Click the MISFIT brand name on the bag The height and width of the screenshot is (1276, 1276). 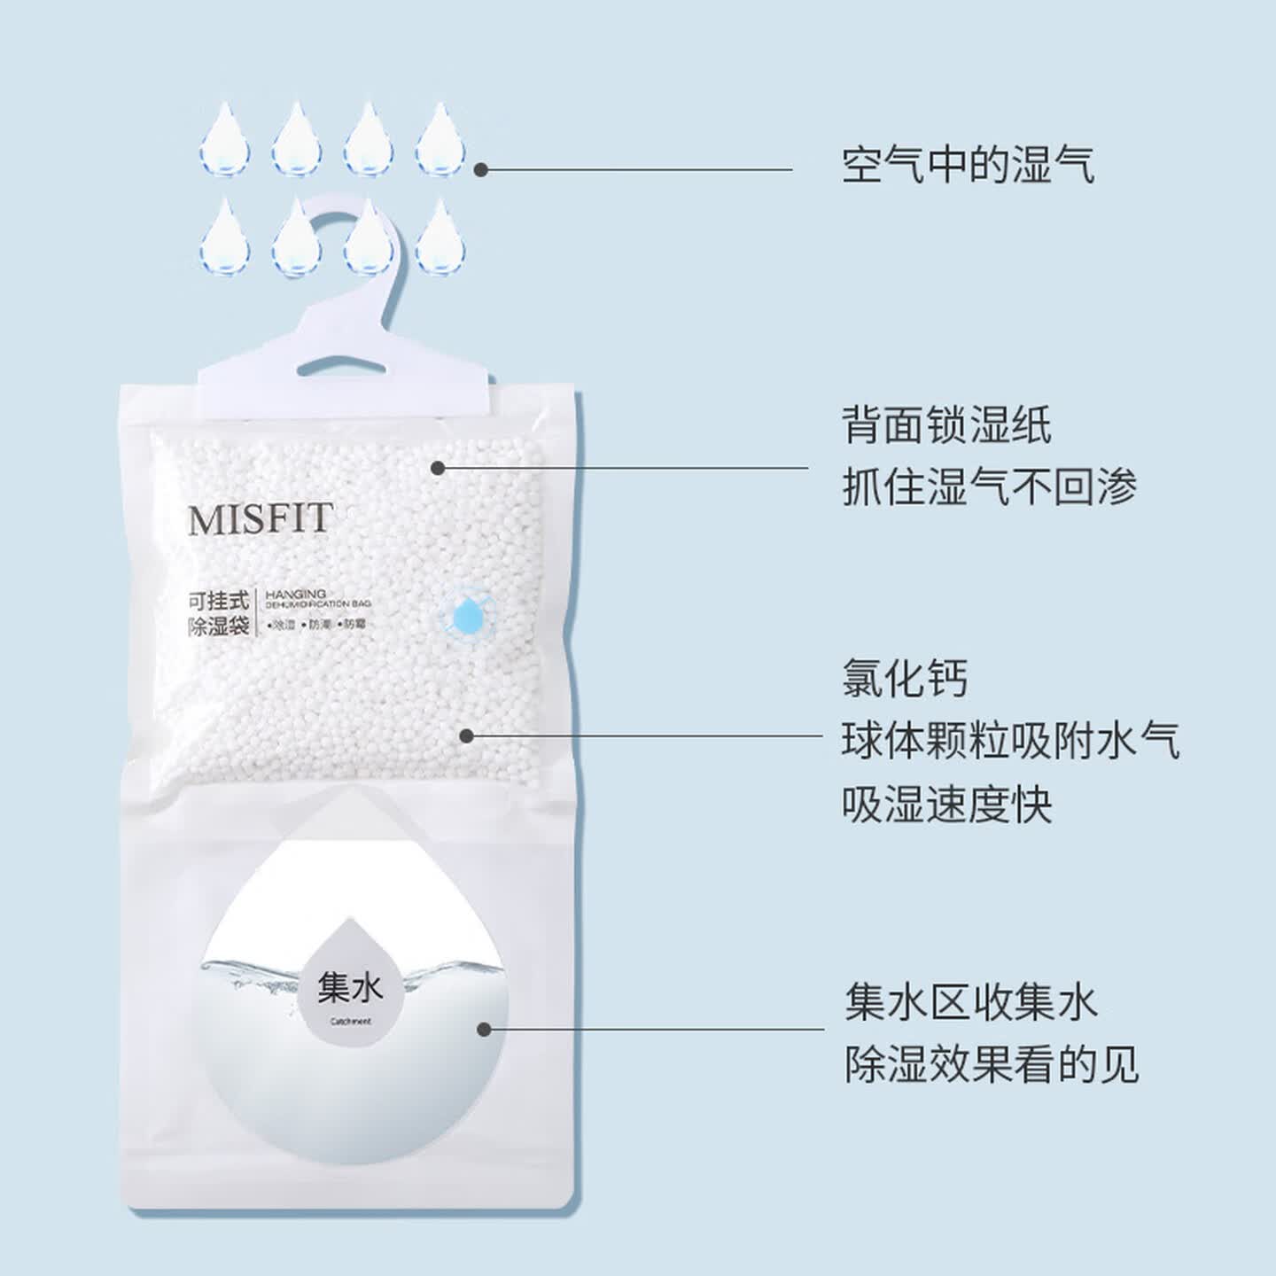(260, 519)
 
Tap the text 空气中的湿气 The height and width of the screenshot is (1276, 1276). (968, 166)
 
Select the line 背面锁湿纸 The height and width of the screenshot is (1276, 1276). (946, 425)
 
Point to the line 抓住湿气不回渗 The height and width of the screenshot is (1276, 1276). (988, 486)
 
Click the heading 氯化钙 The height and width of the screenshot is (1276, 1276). (905, 679)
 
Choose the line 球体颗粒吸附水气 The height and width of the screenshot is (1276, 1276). (1010, 741)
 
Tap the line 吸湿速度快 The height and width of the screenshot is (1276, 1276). (946, 804)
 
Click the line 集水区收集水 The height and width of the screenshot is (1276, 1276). (970, 1002)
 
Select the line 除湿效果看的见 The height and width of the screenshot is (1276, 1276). (991, 1063)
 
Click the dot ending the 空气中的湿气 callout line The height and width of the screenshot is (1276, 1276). (481, 169)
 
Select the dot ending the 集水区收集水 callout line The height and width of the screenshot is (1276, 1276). (484, 1030)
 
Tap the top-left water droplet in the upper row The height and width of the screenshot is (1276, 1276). (224, 140)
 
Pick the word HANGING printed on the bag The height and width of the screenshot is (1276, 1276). (296, 594)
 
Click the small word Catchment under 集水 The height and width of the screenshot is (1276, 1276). (351, 1022)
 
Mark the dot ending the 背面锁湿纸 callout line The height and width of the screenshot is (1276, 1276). (438, 467)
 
